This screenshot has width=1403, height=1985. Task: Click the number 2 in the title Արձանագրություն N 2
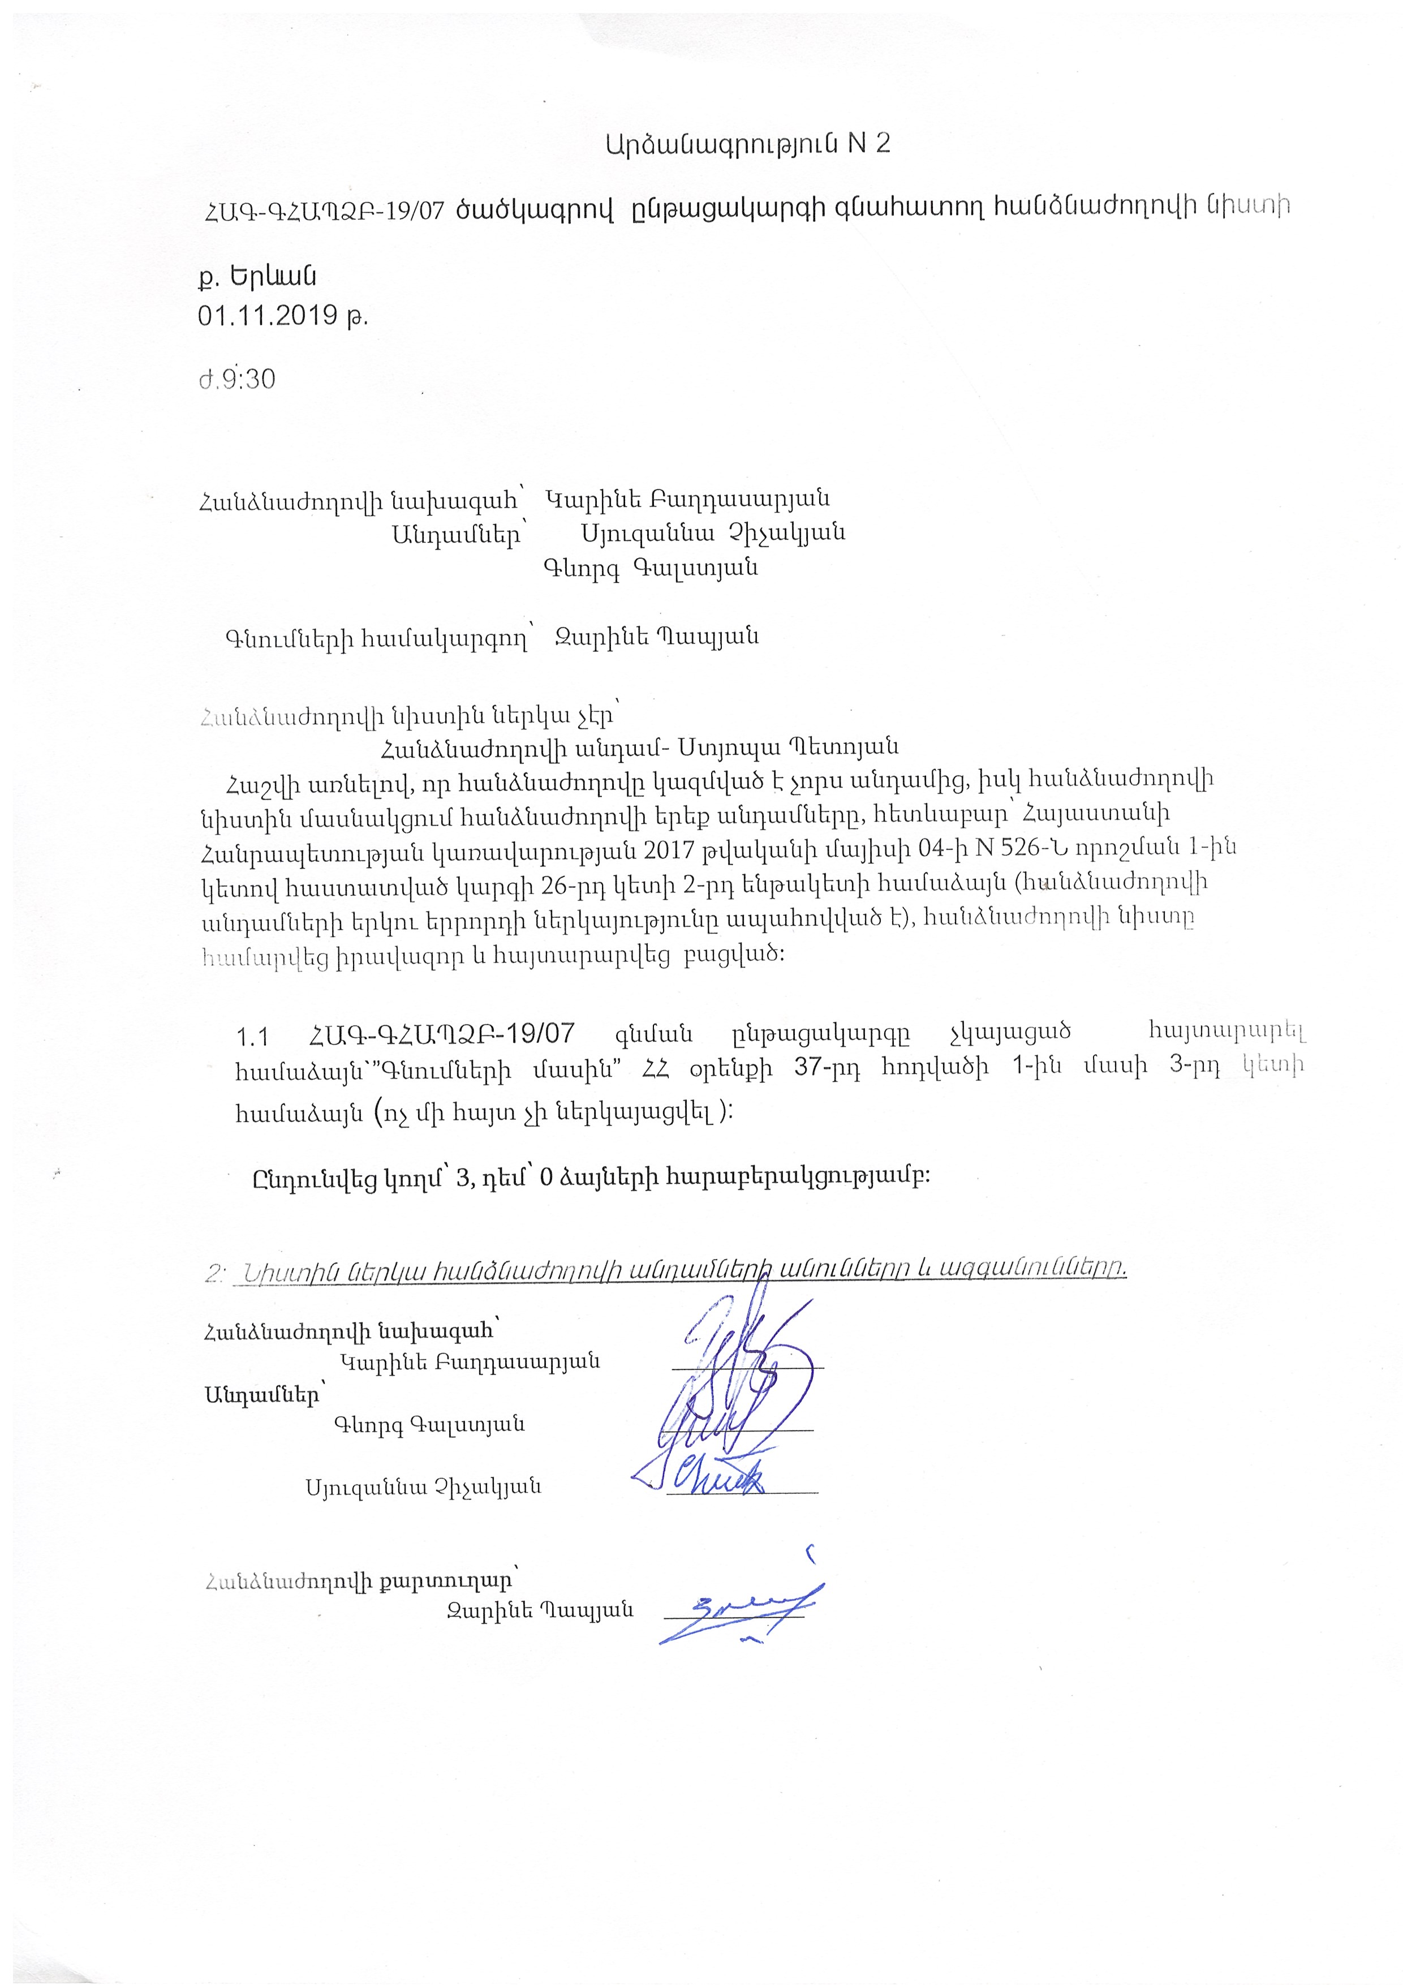(882, 144)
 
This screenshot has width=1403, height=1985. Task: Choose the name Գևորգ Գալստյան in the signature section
(429, 1424)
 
